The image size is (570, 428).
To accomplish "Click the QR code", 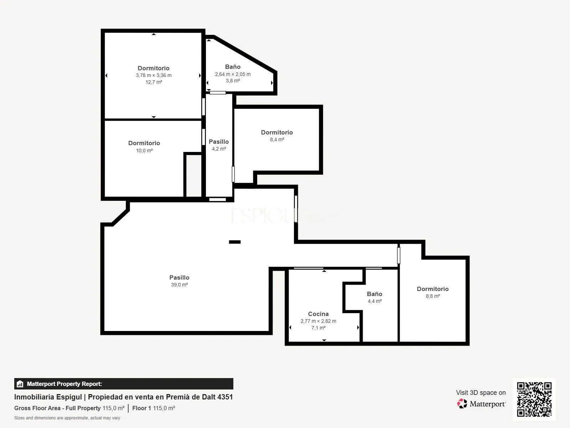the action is pos(534,399).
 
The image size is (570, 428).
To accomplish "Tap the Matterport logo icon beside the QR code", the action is pos(462,404).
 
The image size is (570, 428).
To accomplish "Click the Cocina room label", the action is pos(318,314).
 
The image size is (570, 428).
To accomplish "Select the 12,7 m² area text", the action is pos(154,82).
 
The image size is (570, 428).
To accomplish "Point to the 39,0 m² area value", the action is pos(179,285).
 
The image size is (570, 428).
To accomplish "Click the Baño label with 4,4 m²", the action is pos(374,294).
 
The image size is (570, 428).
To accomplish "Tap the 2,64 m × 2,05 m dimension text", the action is pos(233,74).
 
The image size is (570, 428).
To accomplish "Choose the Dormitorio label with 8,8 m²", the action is pos(432,289).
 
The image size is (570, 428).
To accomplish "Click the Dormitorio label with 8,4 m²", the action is pos(277,132).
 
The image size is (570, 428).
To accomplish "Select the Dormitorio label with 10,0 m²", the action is pos(144,143).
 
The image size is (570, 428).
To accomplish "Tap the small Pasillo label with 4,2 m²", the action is pos(219,142).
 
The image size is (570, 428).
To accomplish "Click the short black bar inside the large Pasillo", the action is pos(235,242).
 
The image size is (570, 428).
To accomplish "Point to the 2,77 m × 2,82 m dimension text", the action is pos(318,321).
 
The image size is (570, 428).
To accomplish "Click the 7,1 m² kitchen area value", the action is pos(318,328).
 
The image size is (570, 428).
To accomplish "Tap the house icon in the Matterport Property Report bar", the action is pos(20,384).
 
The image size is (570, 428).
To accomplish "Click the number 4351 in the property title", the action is pos(225,397).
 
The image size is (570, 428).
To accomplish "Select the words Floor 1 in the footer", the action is pos(141,408).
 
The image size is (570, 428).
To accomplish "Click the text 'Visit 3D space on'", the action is pos(481,393).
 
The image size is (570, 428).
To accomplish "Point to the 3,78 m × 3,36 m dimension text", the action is pos(154,75).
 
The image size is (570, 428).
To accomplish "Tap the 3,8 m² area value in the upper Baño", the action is pos(233,81).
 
